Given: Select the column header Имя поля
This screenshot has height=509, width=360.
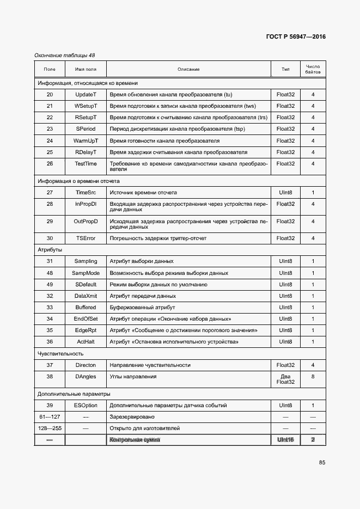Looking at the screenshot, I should [86, 69].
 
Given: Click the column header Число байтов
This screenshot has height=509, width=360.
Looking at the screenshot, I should [313, 69].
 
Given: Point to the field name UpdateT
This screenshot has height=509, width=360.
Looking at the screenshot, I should [86, 95].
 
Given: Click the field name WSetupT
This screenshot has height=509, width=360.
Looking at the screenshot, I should [86, 106].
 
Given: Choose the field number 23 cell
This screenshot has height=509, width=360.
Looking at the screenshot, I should [50, 129].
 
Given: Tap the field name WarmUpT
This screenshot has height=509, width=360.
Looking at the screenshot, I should [86, 140].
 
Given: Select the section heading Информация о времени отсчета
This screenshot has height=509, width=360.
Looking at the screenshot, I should [78, 181].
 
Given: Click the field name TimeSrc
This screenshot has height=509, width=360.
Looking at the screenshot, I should [86, 193].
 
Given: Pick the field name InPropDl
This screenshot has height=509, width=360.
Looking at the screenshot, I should [86, 204].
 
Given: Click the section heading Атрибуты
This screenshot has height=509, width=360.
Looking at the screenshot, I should [50, 249].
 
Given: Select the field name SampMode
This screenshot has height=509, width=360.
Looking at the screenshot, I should [86, 273].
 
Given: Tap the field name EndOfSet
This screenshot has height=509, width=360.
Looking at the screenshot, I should [86, 318].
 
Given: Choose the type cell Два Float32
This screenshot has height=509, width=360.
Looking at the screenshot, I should [285, 379].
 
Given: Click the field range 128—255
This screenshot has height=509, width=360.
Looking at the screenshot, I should [50, 428].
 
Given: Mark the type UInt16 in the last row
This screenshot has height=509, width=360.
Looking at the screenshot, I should [285, 440].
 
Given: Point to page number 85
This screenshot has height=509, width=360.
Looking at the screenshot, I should [322, 463].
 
